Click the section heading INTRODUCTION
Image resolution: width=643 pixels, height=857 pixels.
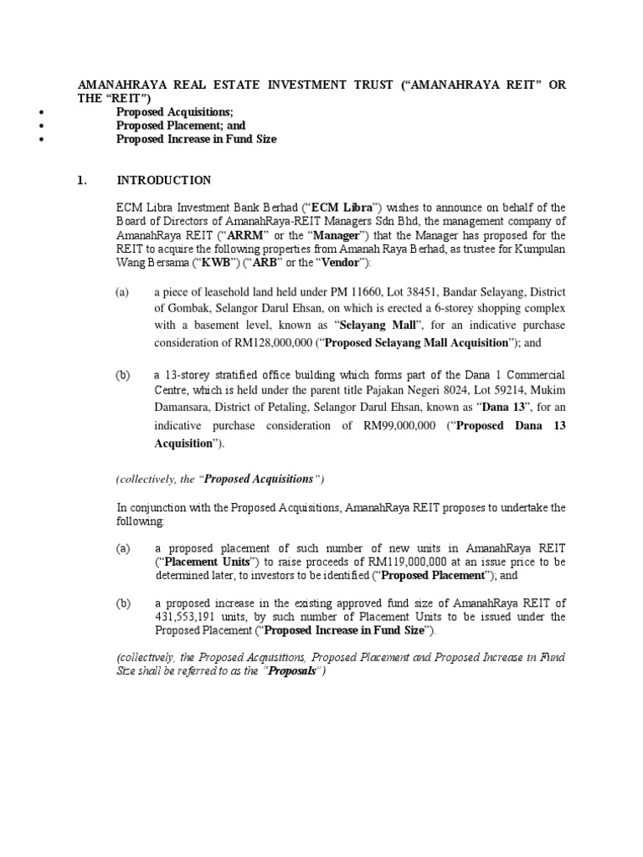pyautogui.click(x=163, y=180)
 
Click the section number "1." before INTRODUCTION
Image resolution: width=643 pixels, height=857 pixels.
pyautogui.click(x=82, y=180)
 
